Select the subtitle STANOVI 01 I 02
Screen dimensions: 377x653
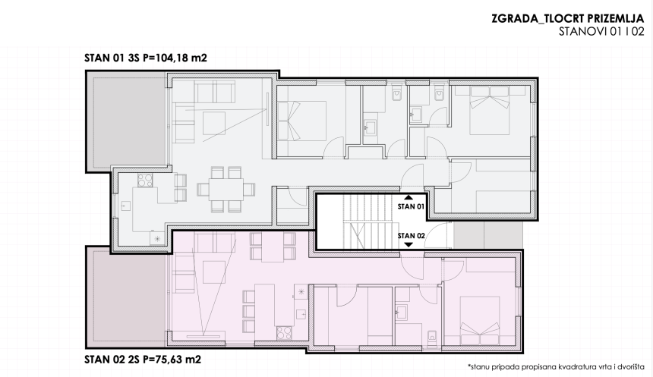[x=601, y=32]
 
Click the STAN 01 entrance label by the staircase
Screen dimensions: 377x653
[x=411, y=206]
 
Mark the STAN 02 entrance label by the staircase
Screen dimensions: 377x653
[x=411, y=235]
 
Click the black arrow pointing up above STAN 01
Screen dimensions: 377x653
[x=409, y=196]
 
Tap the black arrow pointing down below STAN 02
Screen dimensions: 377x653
[x=409, y=244]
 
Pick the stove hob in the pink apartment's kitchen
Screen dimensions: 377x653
[x=286, y=330]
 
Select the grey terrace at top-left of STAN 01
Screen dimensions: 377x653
[x=124, y=122]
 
